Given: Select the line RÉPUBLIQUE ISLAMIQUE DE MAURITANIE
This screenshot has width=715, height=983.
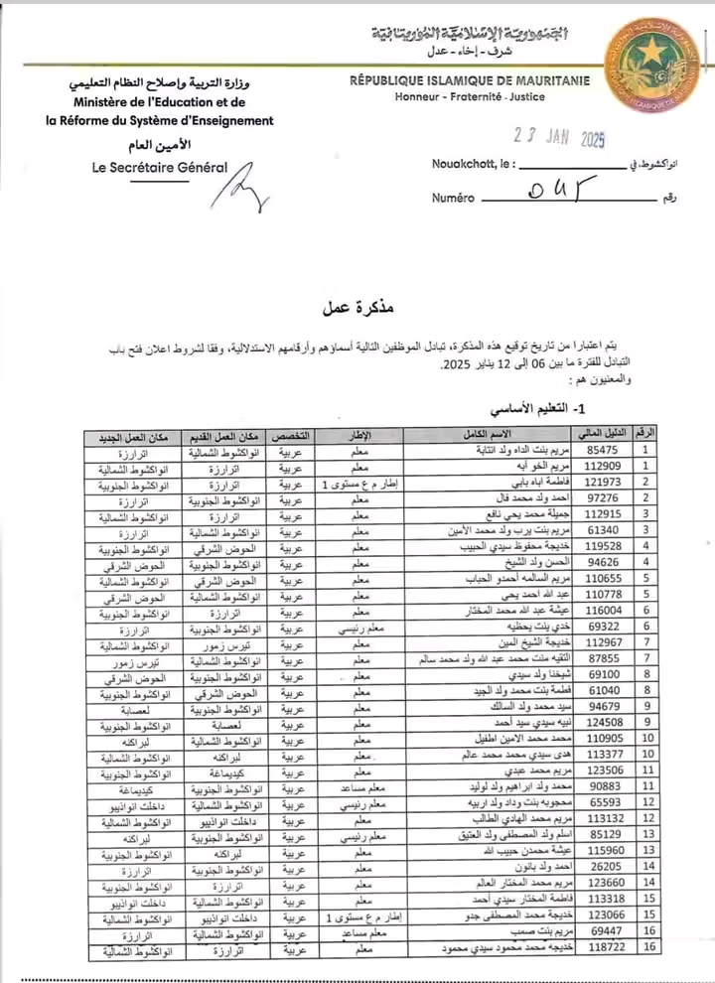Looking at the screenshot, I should click(x=470, y=80).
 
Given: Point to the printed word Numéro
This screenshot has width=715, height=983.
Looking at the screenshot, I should click(x=453, y=198).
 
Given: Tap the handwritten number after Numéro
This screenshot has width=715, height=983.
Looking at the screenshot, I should click(x=548, y=190).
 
